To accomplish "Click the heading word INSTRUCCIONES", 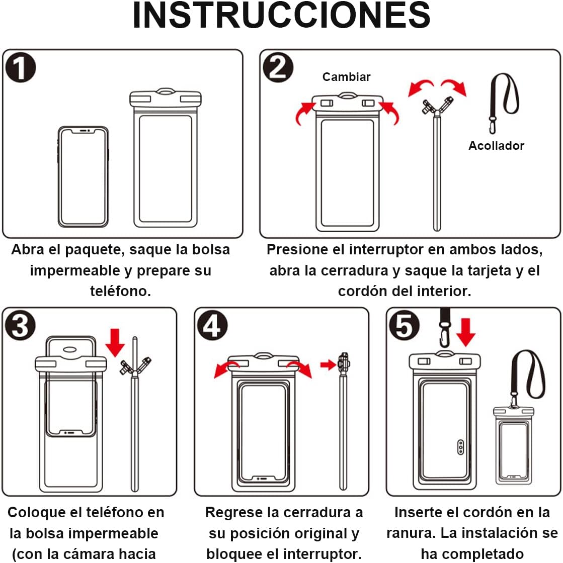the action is (281, 15).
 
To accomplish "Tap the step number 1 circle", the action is (21, 67).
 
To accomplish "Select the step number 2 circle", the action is (278, 67).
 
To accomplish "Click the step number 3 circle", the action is (21, 325).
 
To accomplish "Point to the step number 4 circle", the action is (213, 325).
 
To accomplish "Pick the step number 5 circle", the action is (405, 325).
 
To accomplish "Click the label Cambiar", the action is (346, 77).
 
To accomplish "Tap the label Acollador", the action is (496, 146).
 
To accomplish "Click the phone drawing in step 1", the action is (84, 176).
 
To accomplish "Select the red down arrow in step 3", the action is (115, 342).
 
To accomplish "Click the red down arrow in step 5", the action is (466, 332).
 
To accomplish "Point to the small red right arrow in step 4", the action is (328, 365).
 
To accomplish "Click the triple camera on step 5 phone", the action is (461, 447).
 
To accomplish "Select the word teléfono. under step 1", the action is (121, 291).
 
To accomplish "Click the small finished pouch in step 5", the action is (514, 445).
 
